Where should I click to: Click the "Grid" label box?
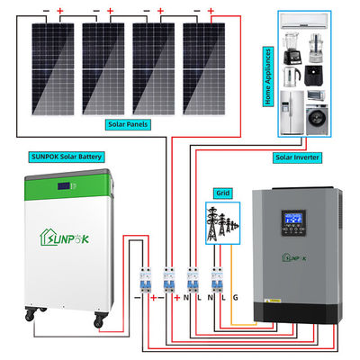[221, 192]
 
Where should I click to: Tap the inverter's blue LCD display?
[296, 220]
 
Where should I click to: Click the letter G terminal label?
[236, 296]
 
